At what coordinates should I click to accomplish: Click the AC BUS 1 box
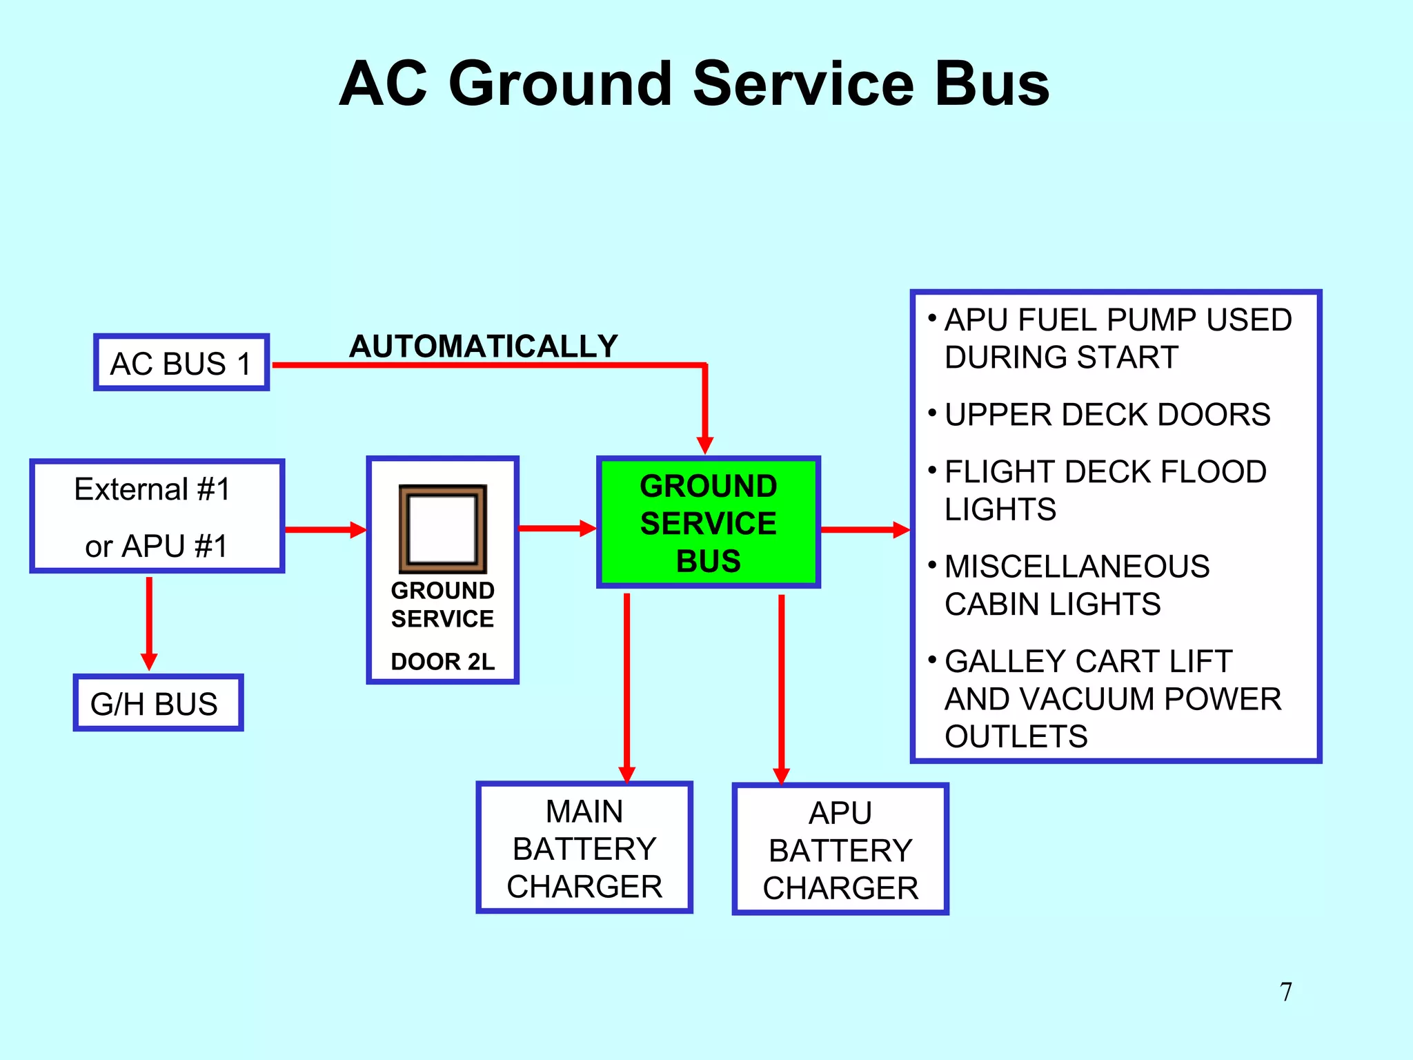click(x=181, y=363)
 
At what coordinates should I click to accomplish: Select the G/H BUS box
click(x=158, y=703)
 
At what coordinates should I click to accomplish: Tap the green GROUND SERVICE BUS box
click(x=708, y=522)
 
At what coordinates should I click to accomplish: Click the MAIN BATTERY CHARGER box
click(x=584, y=848)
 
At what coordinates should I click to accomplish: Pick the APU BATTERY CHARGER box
click(x=840, y=850)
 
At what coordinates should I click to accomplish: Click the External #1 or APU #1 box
click(x=157, y=516)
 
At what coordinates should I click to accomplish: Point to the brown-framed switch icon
click(x=442, y=529)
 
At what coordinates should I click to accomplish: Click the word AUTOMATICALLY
click(x=483, y=346)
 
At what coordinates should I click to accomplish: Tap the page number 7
click(x=1285, y=992)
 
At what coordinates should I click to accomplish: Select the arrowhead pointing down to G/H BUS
click(x=149, y=660)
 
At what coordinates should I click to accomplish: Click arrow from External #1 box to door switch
click(x=324, y=529)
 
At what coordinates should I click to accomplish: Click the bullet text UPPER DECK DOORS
click(x=1107, y=415)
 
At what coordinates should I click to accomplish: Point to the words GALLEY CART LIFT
click(x=1088, y=661)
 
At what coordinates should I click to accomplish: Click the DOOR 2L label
click(x=442, y=661)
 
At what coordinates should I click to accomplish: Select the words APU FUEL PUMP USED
click(x=1118, y=320)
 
